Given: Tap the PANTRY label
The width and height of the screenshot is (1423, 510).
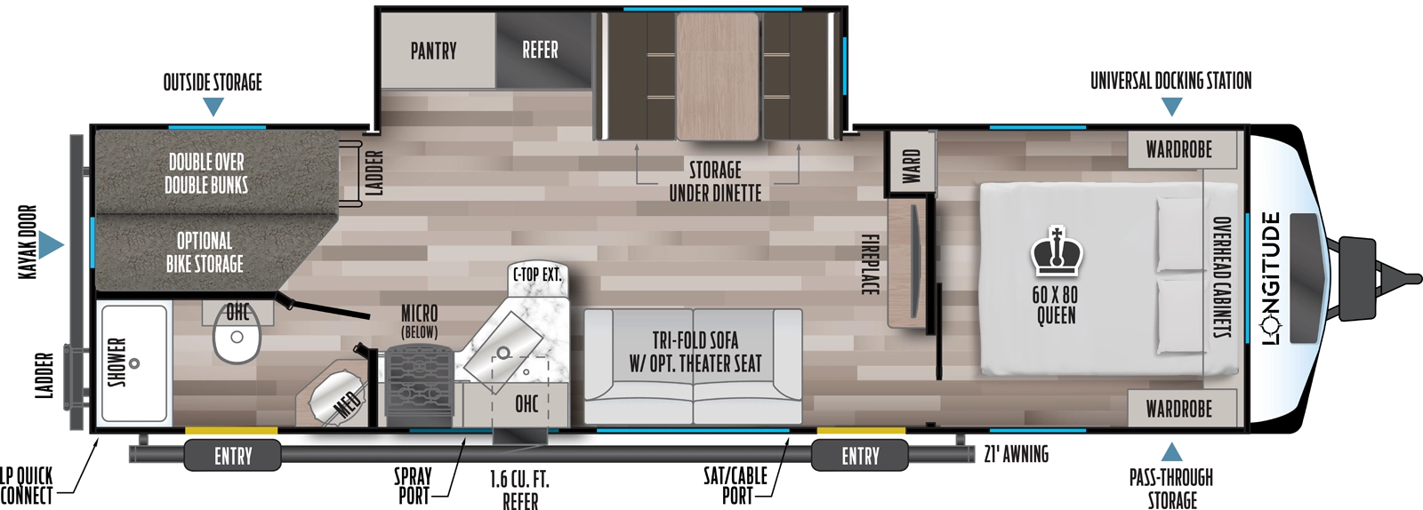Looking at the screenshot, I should click(433, 51).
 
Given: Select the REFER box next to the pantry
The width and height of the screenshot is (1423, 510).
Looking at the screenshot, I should click(541, 50).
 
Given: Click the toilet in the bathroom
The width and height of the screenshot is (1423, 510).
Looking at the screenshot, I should click(237, 340).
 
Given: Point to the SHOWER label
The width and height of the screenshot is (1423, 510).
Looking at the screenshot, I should click(117, 363).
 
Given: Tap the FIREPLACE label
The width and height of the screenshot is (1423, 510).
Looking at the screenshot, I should click(869, 264).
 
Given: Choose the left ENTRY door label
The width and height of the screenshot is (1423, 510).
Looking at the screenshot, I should click(233, 457).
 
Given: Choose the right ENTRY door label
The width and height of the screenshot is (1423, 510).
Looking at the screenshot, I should click(860, 457).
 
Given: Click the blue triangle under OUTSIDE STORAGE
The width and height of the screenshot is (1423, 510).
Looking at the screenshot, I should click(213, 107).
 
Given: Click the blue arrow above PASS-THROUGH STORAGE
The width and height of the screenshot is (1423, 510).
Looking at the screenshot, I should click(1171, 452).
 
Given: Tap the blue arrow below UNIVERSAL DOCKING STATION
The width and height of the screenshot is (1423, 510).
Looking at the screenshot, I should click(1171, 107).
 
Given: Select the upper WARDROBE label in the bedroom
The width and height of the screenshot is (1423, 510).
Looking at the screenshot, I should click(1178, 149).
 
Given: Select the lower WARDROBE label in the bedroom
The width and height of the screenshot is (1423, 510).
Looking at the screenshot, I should click(1178, 409).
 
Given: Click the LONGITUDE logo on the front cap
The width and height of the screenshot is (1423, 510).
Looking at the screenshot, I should click(1272, 278).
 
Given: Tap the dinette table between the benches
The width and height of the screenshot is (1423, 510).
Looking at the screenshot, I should click(717, 76).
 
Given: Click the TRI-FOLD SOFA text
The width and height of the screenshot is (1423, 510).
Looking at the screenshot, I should click(695, 341).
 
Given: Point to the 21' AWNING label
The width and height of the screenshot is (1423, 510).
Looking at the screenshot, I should click(1017, 455).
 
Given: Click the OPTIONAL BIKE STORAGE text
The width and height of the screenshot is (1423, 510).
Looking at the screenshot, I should click(205, 252).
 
